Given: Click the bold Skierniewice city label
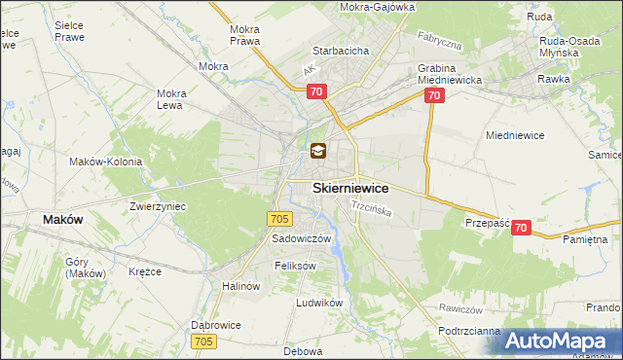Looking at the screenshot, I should pyautogui.click(x=350, y=188).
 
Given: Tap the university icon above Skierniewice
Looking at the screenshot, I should pyautogui.click(x=318, y=152).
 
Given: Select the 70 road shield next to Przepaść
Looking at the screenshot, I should pyautogui.click(x=521, y=228).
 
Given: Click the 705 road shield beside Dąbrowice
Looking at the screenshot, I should pyautogui.click(x=203, y=341).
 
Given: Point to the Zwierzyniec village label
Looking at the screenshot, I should pyautogui.click(x=158, y=206).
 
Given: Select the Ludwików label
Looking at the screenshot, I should pyautogui.click(x=320, y=303).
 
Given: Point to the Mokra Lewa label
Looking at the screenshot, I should pyautogui.click(x=171, y=100).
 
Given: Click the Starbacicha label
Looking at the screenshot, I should pyautogui.click(x=339, y=50).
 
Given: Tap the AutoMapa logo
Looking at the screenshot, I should pyautogui.click(x=562, y=342).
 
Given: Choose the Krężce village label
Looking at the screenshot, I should pyautogui.click(x=144, y=271).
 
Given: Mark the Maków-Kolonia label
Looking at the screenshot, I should pyautogui.click(x=106, y=162).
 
